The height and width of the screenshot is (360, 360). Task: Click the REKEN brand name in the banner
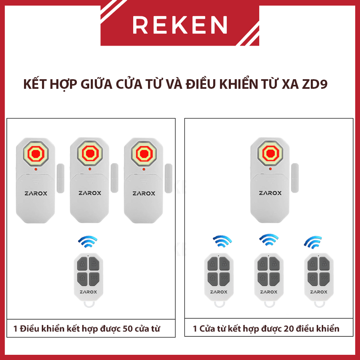(x=180, y=25)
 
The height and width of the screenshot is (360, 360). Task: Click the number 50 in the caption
(x=128, y=329)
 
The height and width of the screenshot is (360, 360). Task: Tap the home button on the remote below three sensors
(x=82, y=278)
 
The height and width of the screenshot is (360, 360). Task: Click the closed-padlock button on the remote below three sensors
(x=82, y=264)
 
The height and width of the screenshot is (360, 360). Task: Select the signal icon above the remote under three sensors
(x=88, y=241)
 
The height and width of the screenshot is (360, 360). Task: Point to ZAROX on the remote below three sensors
(x=88, y=292)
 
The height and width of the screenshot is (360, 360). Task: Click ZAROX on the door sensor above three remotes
(x=270, y=193)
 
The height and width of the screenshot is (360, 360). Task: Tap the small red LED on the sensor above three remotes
(x=270, y=169)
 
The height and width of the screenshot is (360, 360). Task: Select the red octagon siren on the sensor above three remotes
(x=270, y=153)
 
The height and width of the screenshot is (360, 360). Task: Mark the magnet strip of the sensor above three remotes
(x=295, y=178)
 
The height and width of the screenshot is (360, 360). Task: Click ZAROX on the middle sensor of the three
(x=90, y=193)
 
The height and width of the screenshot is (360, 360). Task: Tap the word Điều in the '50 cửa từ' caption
(x=29, y=328)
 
